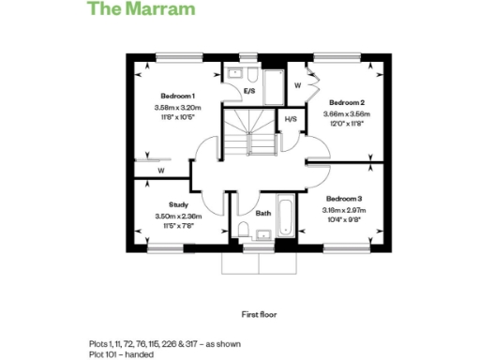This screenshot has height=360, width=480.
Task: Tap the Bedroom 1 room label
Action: coord(177,97)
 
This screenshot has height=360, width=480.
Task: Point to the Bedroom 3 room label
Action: coord(344,199)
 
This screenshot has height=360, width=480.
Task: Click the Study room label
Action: coord(178,204)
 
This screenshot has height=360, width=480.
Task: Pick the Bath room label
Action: coord(263,213)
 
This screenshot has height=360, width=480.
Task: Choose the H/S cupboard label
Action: coord(291,119)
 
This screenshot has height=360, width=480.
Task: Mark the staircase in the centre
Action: coord(250,131)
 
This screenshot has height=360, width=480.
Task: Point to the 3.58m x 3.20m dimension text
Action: coord(177,109)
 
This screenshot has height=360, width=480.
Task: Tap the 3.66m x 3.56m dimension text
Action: coord(348,113)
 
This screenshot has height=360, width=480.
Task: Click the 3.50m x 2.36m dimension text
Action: coord(178,217)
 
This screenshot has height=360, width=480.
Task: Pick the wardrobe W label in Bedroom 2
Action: coord(297,84)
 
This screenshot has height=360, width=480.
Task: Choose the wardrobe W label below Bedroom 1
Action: coord(161,172)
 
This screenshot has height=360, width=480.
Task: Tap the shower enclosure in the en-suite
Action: coord(274,83)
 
